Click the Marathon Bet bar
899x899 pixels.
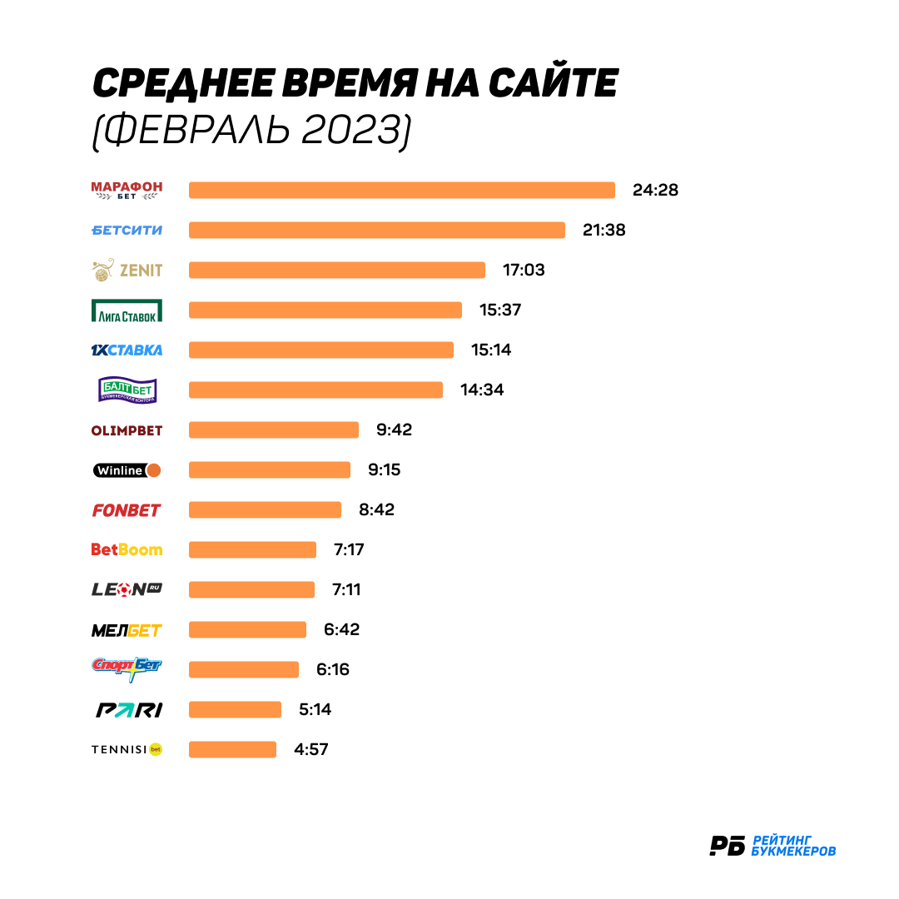402,190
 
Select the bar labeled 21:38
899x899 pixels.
377,230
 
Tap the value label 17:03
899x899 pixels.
524,270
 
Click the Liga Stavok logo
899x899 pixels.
127,310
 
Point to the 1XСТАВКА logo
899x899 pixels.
127,350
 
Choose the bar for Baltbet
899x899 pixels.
316,390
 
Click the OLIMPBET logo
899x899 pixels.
127,430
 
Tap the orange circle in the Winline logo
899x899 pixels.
154,470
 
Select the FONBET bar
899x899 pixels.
265,509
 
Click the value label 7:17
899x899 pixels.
349,550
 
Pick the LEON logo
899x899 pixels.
127,589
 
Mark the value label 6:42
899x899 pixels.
342,629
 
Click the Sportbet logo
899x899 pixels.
127,669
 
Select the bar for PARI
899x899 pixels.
235,709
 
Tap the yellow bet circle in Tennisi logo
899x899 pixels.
156,749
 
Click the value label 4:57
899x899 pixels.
310,749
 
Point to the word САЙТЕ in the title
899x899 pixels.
554,82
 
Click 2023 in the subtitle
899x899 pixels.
351,129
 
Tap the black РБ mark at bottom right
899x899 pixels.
727,846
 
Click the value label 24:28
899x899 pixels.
655,190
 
